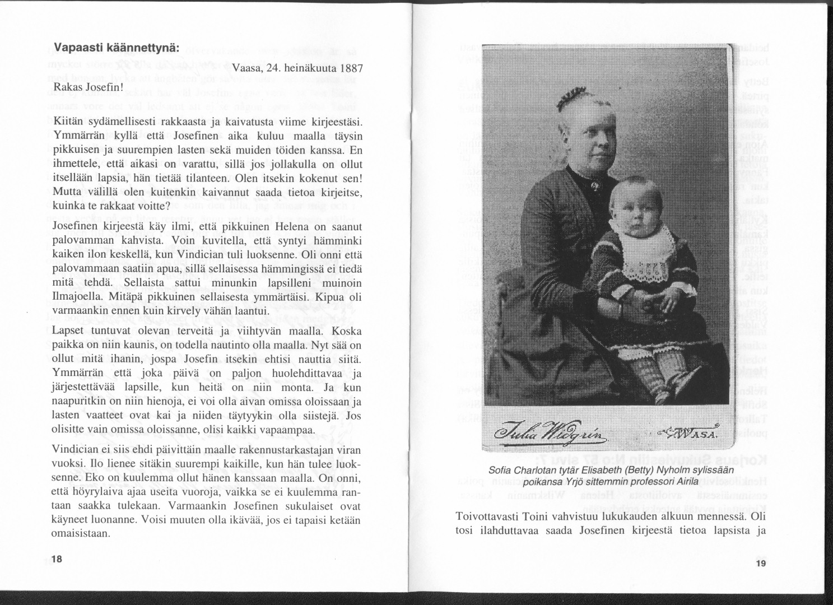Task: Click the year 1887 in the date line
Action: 352,69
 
